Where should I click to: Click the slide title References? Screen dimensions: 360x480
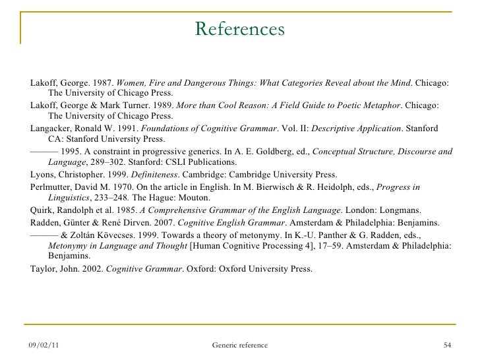point(240,30)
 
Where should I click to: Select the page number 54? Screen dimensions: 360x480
point(448,345)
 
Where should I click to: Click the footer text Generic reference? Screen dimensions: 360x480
point(240,345)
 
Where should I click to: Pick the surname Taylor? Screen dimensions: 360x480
point(45,269)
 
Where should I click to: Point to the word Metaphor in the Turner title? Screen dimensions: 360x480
point(378,105)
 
